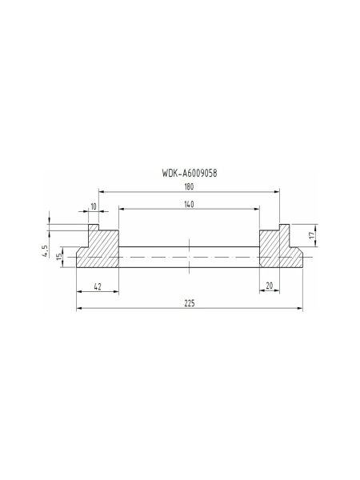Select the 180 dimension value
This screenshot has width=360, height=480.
point(188,186)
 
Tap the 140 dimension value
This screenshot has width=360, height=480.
point(188,205)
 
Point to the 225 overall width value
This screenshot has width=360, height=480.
point(189,304)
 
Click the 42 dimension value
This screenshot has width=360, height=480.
point(96,286)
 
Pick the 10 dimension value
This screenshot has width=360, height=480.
point(94,206)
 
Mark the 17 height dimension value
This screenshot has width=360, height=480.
point(312,236)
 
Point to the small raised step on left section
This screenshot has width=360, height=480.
point(93,228)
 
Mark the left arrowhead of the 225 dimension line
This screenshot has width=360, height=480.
point(78,310)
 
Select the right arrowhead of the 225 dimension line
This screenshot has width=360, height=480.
point(302,310)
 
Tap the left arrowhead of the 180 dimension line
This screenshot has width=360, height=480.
point(101,192)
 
